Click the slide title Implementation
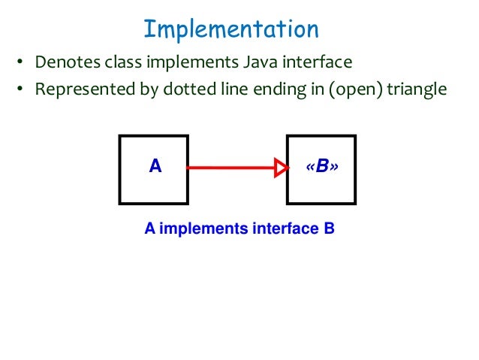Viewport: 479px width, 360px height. tap(231, 29)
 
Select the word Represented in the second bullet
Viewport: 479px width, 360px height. tap(79, 89)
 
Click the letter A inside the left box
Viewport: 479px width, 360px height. tap(155, 167)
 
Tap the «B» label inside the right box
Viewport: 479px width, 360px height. tap(322, 167)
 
